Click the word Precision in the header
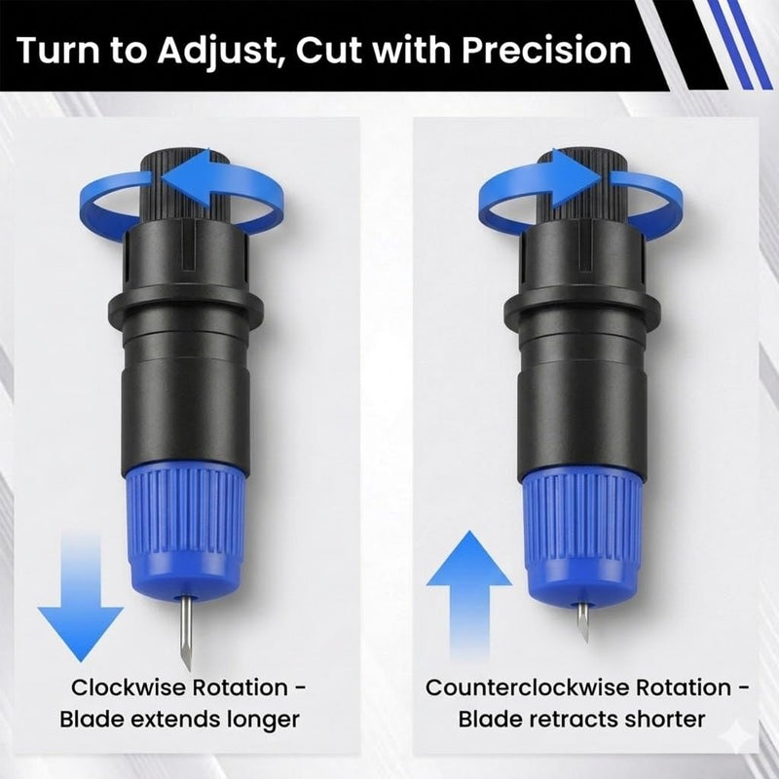546,51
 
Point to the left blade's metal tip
186,670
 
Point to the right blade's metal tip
586,641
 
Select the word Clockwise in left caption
130,688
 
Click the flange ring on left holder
185,307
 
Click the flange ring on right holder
582,309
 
